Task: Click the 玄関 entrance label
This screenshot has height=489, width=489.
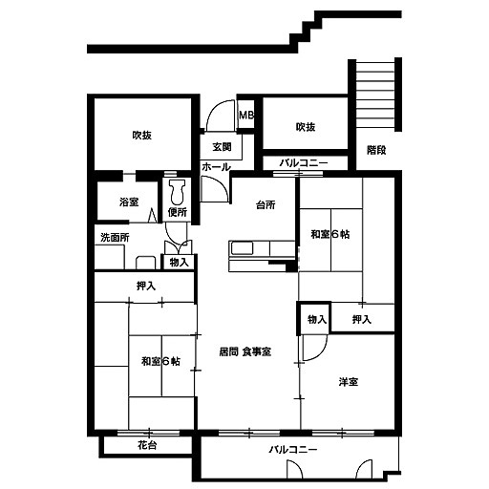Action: [x=222, y=147]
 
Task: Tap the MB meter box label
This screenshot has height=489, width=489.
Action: [x=246, y=115]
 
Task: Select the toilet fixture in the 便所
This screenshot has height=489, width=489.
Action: [x=177, y=192]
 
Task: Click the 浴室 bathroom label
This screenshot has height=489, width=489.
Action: [x=129, y=202]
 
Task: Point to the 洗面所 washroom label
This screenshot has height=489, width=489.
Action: [x=115, y=238]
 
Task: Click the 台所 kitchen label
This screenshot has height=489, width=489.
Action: [x=266, y=204]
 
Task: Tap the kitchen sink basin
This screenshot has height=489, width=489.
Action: [x=242, y=248]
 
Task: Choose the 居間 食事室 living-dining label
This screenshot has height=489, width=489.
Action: [x=245, y=351]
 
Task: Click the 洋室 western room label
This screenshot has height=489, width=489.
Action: [x=349, y=382]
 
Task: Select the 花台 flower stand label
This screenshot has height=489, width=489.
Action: [x=147, y=445]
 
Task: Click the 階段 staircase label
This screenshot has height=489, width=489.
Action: [x=376, y=150]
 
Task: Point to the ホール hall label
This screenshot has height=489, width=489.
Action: [x=216, y=166]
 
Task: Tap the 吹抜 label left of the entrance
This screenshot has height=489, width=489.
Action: [x=142, y=136]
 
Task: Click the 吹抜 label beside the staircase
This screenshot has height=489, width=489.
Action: [x=306, y=127]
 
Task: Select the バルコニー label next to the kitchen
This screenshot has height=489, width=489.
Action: [x=304, y=163]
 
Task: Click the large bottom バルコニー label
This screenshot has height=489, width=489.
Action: [x=293, y=450]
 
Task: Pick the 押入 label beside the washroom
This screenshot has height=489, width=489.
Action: [x=146, y=287]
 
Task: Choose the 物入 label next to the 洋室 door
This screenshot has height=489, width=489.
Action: [x=317, y=319]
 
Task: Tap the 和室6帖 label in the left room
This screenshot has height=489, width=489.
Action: [x=160, y=361]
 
